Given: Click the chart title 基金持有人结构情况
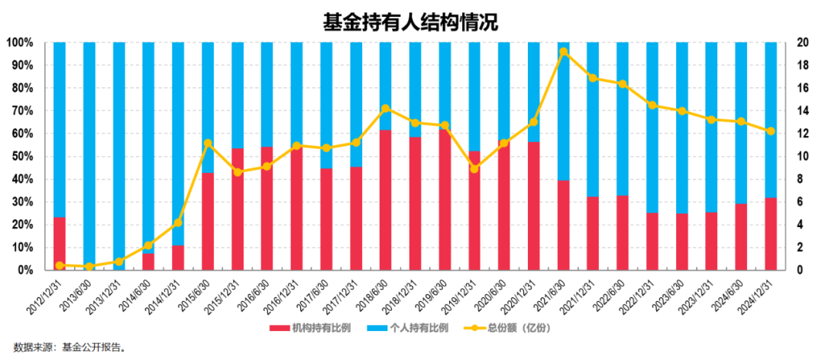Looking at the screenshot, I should coord(410,22).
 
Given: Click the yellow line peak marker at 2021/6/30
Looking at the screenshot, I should coord(563,52).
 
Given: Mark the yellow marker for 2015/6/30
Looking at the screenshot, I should coord(208,143).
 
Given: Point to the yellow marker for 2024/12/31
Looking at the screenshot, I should coord(771,131).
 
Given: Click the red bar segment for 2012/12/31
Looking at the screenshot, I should coord(59,244).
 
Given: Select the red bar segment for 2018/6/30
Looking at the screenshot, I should coord(386,200).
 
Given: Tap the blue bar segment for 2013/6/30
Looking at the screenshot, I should coord(89,153).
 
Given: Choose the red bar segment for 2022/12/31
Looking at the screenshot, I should coord(652,242).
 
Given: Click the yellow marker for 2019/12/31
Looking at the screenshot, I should coord(474,168).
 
